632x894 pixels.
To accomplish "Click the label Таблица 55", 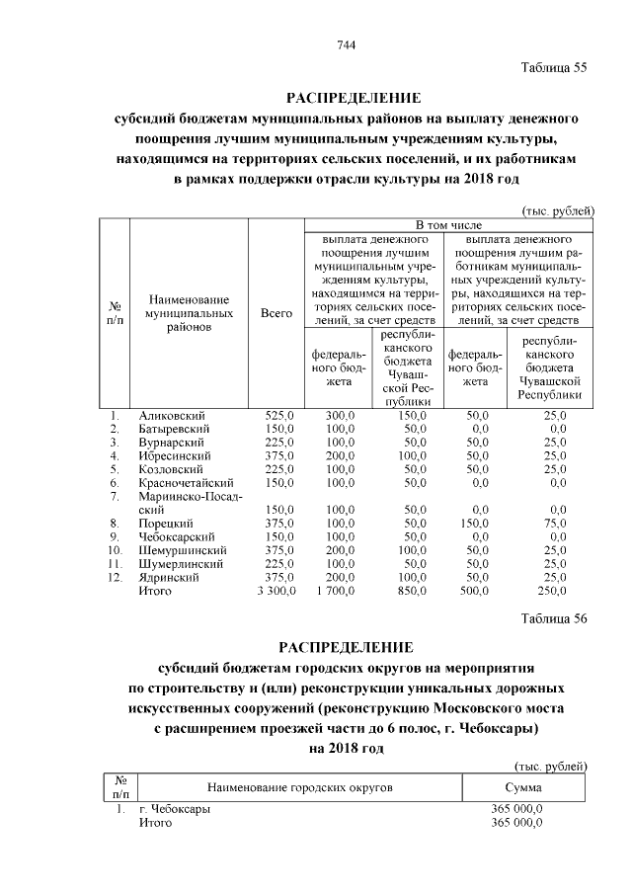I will click(x=553, y=67).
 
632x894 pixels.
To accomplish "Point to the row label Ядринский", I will click(x=169, y=577).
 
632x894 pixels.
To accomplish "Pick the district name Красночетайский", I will click(x=185, y=483).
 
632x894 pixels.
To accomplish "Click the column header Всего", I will click(x=276, y=313).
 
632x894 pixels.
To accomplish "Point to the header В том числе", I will click(x=447, y=225).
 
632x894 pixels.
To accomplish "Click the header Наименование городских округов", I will click(x=299, y=786).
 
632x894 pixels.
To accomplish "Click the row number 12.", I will click(x=117, y=577).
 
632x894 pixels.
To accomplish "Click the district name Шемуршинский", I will click(x=180, y=550).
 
